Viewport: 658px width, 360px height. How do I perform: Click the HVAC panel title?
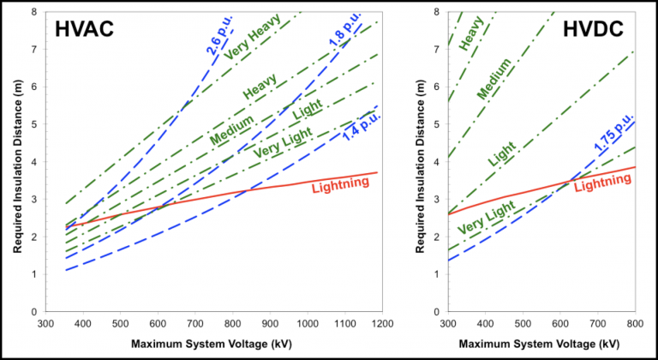pyautogui.click(x=84, y=30)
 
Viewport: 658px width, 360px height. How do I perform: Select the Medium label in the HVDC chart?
pyautogui.click(x=493, y=77)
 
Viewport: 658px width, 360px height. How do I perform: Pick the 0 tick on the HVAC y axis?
pyautogui.click(x=33, y=312)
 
